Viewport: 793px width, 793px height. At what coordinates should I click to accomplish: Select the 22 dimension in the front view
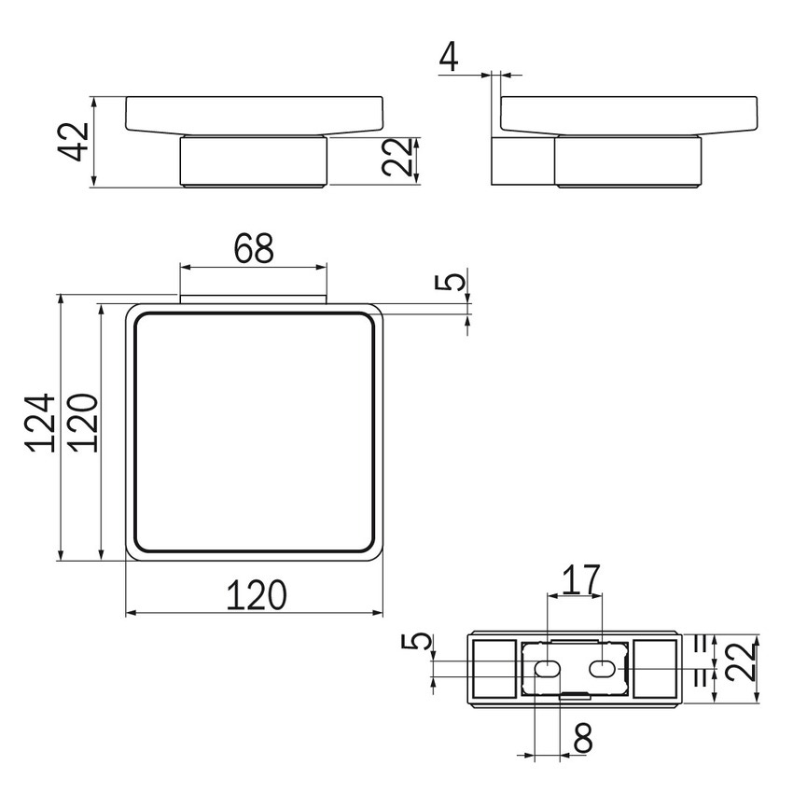point(397,159)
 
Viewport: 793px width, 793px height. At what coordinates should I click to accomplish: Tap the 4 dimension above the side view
point(449,57)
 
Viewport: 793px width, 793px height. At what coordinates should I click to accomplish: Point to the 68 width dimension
point(253,249)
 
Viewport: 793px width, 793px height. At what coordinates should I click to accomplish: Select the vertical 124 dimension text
point(41,422)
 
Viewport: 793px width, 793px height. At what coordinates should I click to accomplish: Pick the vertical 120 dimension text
point(81,422)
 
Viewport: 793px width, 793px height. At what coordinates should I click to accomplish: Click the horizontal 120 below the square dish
point(255,594)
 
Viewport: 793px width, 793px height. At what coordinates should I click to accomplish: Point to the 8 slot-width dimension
point(583,739)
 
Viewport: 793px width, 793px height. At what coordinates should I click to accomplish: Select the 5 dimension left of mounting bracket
point(422,643)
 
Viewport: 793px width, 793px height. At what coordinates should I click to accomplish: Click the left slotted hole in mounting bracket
point(546,668)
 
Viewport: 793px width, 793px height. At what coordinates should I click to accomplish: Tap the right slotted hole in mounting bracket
point(604,668)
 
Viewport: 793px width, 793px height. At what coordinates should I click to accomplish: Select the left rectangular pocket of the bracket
point(494,668)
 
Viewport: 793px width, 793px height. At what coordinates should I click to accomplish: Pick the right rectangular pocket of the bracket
point(656,668)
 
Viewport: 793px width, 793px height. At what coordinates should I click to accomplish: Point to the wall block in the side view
point(522,161)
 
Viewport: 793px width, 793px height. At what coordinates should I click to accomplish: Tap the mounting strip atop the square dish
point(253,300)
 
